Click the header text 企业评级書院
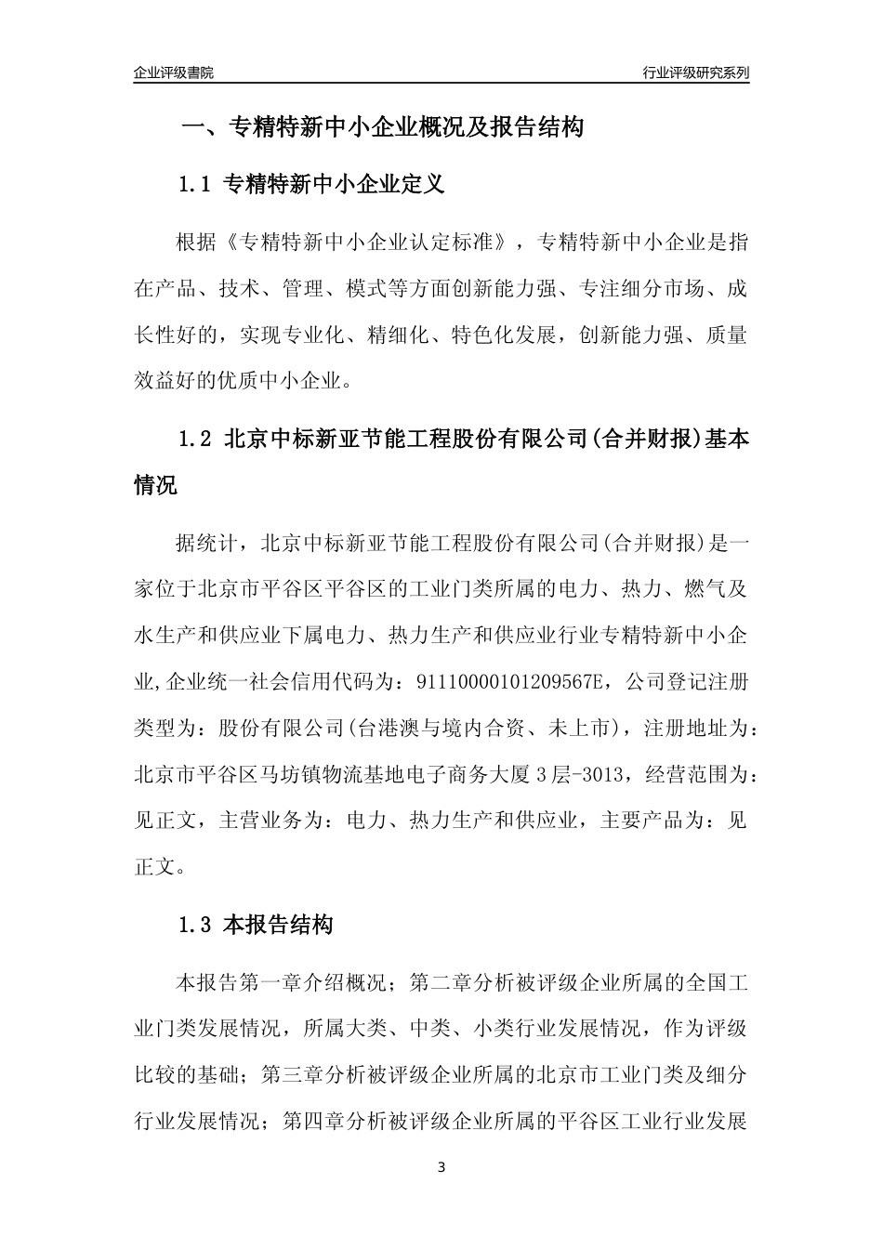pos(174,72)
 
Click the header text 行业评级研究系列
pos(695,72)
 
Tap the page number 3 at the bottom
pos(441,1167)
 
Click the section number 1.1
pos(196,184)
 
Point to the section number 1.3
pos(196,925)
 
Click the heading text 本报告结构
pos(279,925)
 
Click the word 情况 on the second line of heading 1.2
pos(155,485)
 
